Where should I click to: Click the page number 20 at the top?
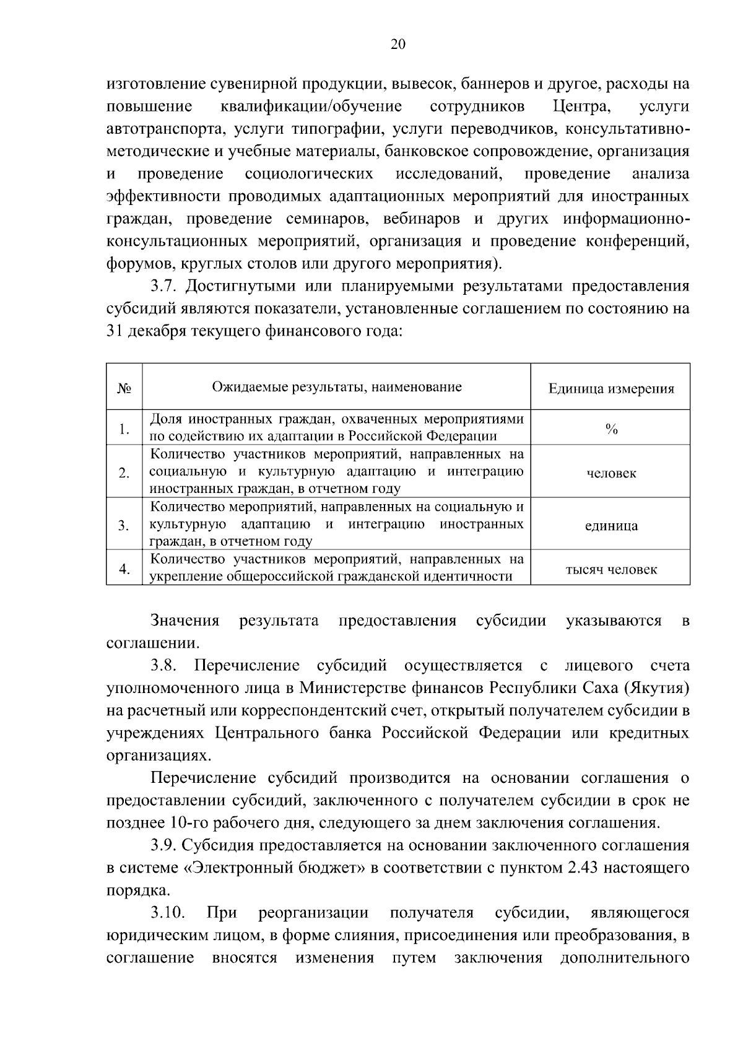click(x=398, y=44)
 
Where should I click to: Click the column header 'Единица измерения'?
click(x=610, y=389)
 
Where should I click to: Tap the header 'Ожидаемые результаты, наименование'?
click(x=337, y=387)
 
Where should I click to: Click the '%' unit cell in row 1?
click(x=610, y=429)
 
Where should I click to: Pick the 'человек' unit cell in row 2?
click(x=610, y=473)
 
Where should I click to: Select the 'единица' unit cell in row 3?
click(x=610, y=526)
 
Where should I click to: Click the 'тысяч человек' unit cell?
click(x=610, y=569)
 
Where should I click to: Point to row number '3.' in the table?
click(x=124, y=526)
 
